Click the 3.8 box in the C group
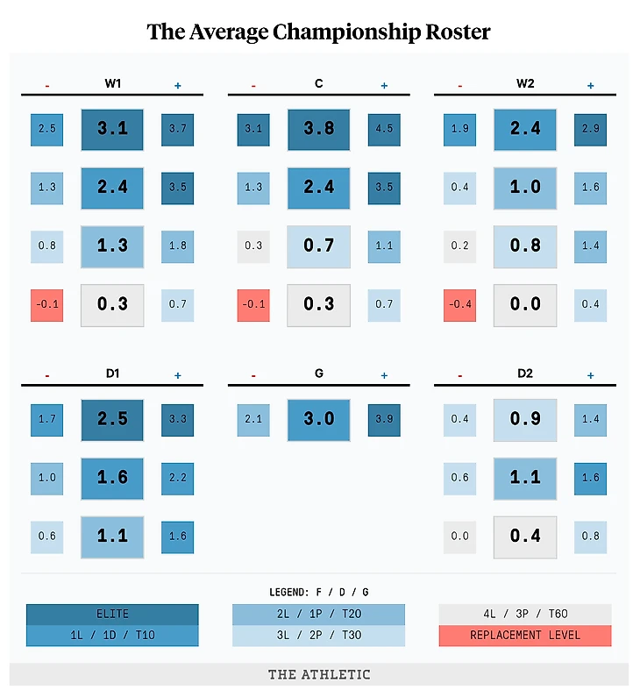[319, 129]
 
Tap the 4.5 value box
[384, 129]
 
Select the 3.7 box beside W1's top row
[177, 129]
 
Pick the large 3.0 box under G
[319, 420]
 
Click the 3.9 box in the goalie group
[384, 420]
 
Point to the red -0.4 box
[460, 304]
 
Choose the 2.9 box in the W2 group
[590, 129]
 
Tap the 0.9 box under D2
[525, 420]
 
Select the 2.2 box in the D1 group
[177, 478]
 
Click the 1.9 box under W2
[460, 129]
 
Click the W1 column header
[112, 84]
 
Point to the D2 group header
[525, 374]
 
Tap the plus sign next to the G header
[384, 375]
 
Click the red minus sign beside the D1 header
[47, 376]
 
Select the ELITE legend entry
[112, 615]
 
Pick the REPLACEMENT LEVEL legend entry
[525, 636]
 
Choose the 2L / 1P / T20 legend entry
[319, 615]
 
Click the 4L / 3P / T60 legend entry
[525, 615]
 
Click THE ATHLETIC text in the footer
[319, 674]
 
